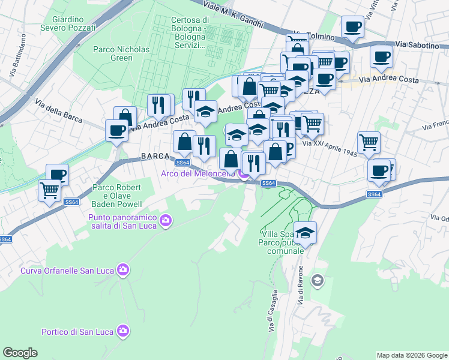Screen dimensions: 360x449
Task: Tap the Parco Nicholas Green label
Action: tap(113, 53)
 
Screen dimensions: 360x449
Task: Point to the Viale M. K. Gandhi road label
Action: tap(234, 16)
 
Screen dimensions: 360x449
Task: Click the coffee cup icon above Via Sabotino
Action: tap(352, 27)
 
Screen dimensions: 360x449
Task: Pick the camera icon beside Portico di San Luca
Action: tap(123, 331)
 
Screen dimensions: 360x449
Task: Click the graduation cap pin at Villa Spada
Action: tap(305, 233)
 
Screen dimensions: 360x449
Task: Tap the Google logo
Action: tap(20, 353)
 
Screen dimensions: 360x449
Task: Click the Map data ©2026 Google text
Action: tap(411, 355)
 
